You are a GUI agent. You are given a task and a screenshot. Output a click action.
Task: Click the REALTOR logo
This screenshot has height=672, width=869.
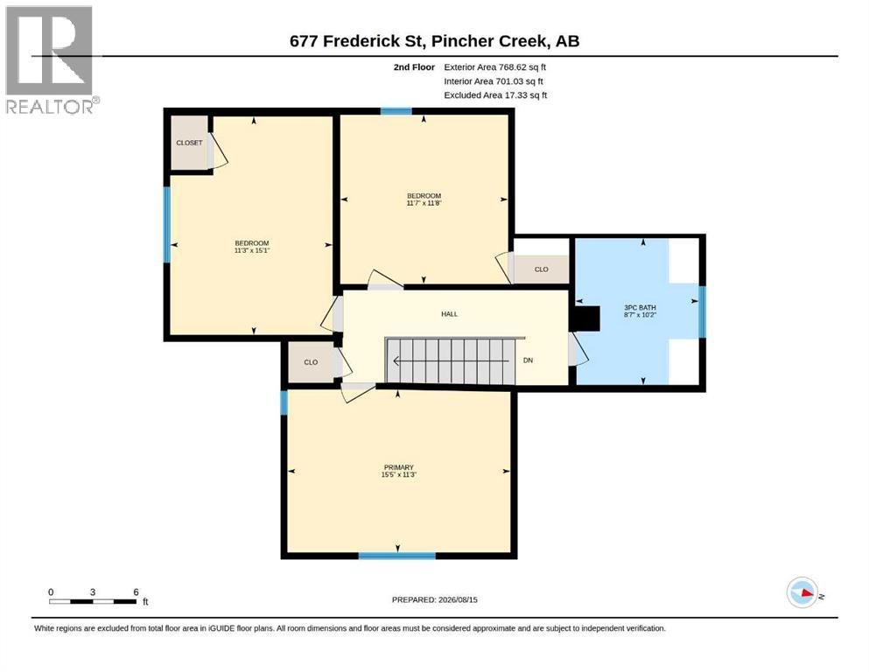(53, 59)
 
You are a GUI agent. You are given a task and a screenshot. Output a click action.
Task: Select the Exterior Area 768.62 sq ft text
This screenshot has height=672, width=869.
(495, 67)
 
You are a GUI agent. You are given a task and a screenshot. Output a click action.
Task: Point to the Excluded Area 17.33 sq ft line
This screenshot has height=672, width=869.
(495, 95)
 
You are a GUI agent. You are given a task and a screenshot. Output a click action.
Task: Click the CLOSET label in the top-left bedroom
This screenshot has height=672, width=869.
(190, 143)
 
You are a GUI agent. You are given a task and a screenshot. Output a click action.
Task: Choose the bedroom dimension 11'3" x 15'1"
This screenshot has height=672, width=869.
(252, 250)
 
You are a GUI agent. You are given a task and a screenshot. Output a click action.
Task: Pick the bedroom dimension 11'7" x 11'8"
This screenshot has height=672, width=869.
(424, 203)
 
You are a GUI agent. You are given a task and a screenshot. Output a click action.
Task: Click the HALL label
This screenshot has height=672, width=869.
(450, 314)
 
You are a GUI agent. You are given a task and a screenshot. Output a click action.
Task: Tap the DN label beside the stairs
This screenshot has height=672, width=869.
(529, 360)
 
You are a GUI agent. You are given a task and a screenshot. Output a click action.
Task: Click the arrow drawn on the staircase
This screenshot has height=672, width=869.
(451, 361)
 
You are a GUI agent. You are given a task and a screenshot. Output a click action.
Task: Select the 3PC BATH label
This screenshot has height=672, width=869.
(640, 307)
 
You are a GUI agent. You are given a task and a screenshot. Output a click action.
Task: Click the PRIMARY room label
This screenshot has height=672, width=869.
(398, 467)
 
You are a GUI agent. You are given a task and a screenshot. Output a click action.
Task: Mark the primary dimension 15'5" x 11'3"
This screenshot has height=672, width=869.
(398, 475)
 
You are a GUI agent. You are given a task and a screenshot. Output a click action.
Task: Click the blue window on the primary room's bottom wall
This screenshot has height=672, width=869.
(396, 555)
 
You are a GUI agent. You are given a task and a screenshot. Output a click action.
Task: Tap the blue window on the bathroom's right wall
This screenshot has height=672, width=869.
(702, 311)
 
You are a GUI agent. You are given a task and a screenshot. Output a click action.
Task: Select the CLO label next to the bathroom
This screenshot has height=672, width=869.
(542, 269)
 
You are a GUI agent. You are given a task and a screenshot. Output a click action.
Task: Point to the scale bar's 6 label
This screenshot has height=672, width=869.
(136, 592)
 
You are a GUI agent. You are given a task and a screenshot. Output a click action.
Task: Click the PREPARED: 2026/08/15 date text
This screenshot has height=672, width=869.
(434, 600)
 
